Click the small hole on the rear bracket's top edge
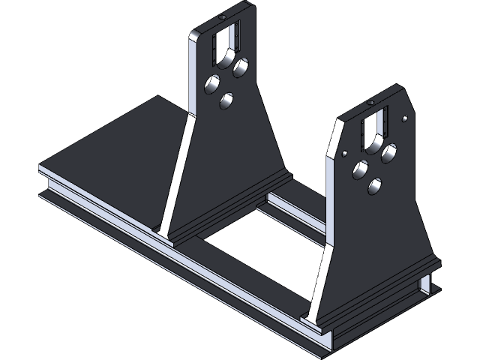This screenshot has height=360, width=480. [222, 16]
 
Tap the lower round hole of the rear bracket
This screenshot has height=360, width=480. [226, 100]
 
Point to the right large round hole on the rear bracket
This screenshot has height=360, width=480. [240, 68]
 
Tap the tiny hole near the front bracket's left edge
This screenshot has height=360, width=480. [344, 153]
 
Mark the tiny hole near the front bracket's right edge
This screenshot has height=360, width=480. [405, 118]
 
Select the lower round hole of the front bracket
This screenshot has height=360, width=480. [375, 184]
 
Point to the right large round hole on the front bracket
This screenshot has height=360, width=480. [388, 154]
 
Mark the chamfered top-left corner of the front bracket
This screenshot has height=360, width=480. [340, 120]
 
